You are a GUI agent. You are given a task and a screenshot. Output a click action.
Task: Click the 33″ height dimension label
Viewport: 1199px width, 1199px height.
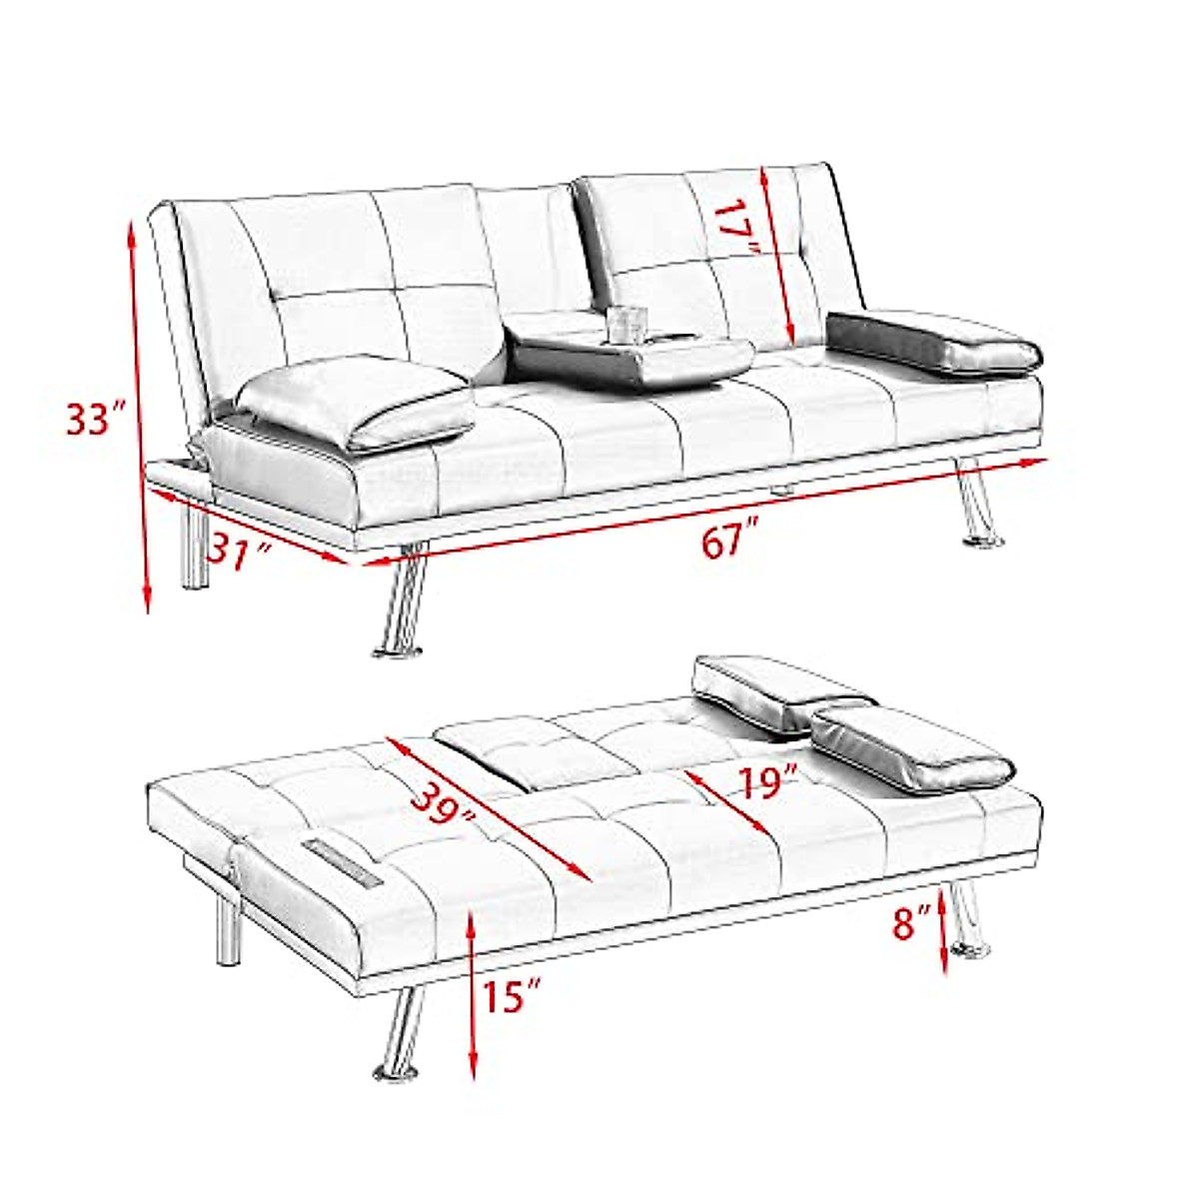(95, 420)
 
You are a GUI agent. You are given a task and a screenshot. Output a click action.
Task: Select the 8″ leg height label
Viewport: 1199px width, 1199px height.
(910, 921)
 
